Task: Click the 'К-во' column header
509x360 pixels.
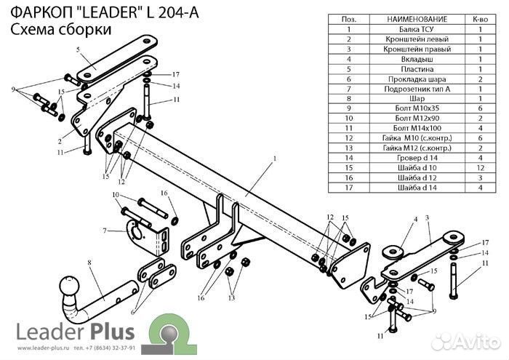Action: click(x=480, y=17)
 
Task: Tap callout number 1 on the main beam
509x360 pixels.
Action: click(x=275, y=158)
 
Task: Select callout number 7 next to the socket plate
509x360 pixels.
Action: click(x=105, y=231)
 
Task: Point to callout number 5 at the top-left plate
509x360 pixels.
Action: click(x=76, y=49)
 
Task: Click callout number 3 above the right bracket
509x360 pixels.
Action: click(x=428, y=217)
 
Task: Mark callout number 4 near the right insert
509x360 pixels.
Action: click(x=415, y=218)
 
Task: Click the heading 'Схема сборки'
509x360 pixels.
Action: click(x=61, y=30)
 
